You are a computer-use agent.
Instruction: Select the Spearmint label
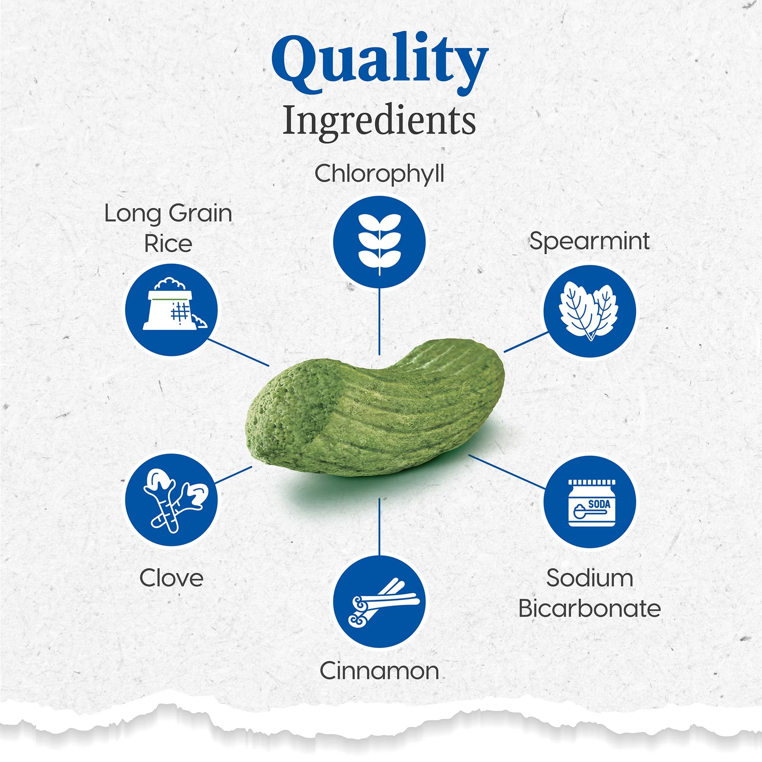click(x=589, y=241)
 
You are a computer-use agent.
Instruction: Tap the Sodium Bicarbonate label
click(x=589, y=593)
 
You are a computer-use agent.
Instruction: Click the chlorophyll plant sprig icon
click(x=379, y=242)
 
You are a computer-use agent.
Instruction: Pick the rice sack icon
click(x=171, y=310)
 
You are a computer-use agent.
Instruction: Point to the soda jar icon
click(x=589, y=502)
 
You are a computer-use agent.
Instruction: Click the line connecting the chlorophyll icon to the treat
click(x=379, y=321)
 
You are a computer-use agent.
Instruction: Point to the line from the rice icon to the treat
click(x=238, y=352)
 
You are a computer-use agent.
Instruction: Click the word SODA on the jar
click(x=599, y=504)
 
